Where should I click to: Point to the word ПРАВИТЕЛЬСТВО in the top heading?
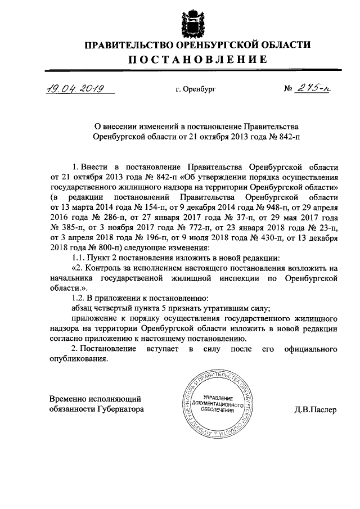point(130,44)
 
